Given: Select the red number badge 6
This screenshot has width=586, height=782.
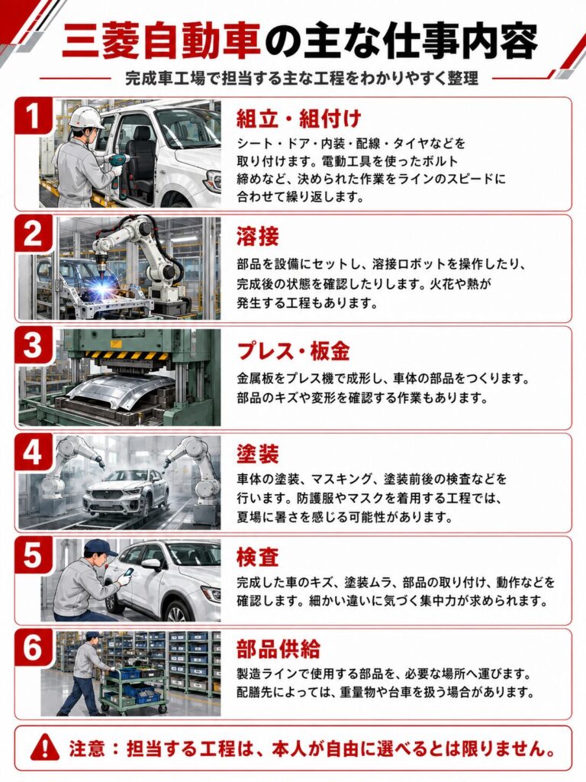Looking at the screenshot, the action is click(33, 648).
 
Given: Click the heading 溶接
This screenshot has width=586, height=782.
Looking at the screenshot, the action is click(258, 236).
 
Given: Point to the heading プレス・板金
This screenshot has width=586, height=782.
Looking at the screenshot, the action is click(293, 351).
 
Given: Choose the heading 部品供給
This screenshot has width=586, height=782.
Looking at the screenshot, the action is click(278, 648).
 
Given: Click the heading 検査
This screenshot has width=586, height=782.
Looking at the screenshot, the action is click(258, 557).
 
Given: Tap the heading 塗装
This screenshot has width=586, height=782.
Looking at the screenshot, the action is click(258, 454).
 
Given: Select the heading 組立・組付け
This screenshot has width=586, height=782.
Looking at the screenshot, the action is click(299, 118).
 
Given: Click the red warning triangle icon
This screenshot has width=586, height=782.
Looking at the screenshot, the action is click(44, 748).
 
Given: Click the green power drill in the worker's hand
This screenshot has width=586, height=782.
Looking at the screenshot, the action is click(118, 163).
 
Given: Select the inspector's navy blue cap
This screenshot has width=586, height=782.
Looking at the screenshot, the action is click(100, 548).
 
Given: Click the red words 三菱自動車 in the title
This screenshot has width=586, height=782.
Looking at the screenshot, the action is click(162, 41).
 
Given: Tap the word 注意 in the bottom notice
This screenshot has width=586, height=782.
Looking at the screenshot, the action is click(87, 748).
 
